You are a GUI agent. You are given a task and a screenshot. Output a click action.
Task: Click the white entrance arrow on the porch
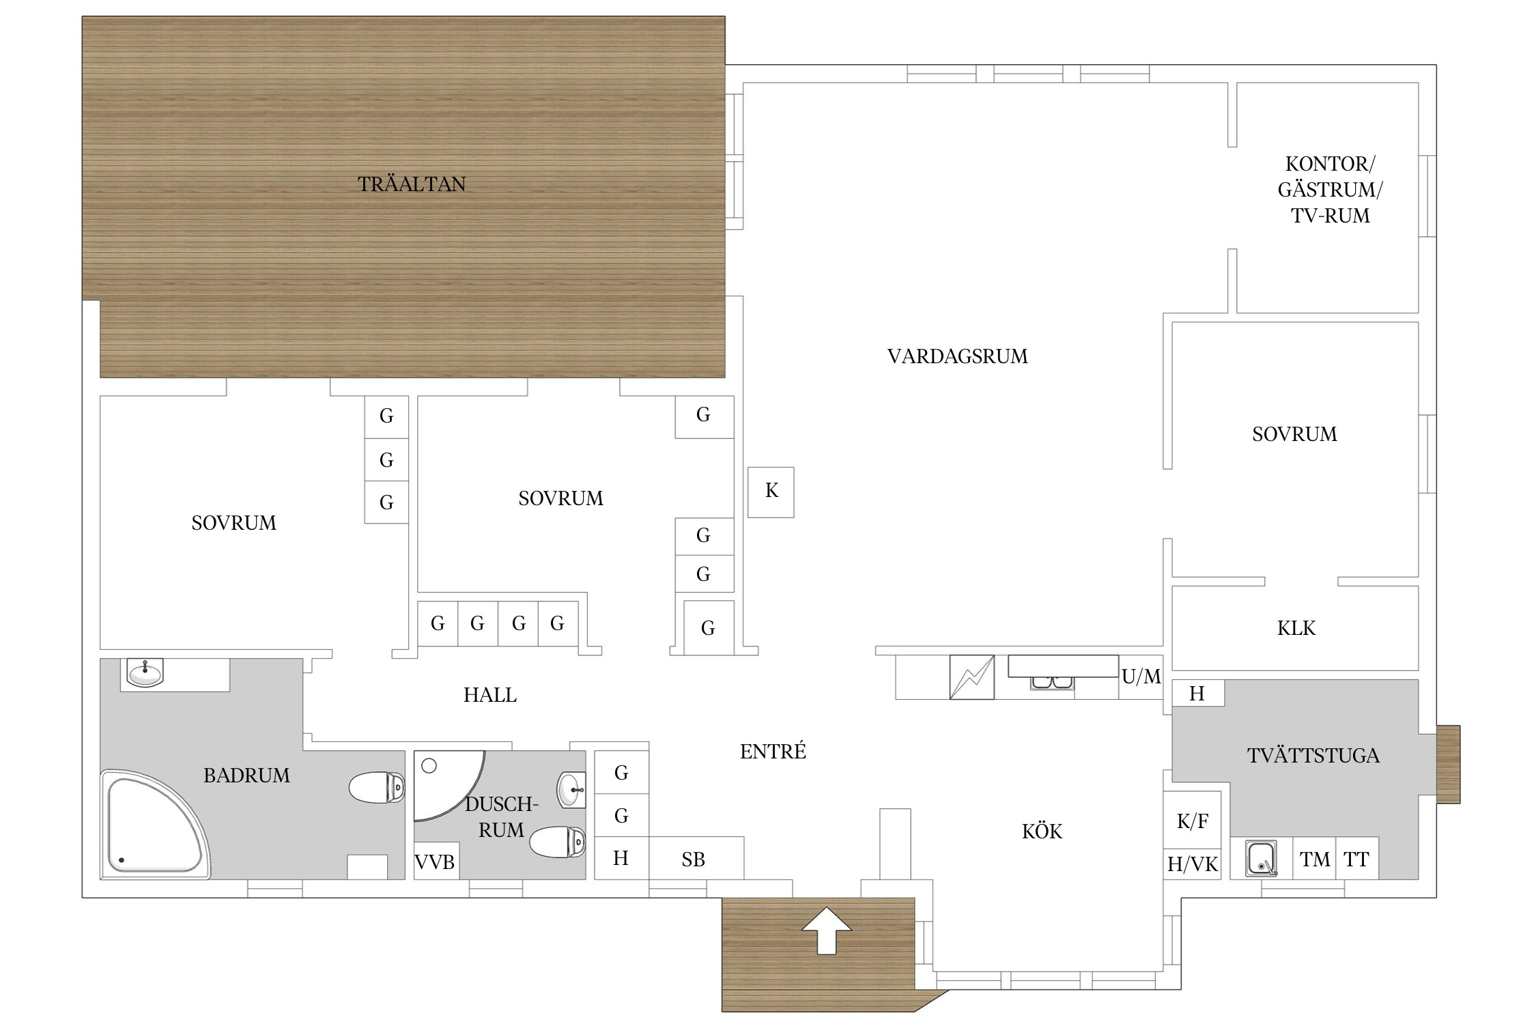click(826, 930)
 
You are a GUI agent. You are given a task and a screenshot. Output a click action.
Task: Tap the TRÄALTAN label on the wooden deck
click(412, 184)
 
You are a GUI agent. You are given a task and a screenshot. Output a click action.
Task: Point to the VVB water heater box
click(436, 862)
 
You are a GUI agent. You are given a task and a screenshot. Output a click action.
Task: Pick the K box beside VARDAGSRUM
click(771, 492)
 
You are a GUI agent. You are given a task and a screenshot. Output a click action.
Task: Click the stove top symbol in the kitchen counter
click(971, 677)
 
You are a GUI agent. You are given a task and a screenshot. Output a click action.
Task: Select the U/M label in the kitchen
click(1141, 677)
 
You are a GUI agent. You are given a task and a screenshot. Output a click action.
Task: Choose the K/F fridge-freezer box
click(1193, 820)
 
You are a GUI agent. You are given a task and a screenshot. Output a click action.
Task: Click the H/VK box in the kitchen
click(1193, 864)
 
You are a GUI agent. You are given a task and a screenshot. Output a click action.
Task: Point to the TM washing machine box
click(1314, 858)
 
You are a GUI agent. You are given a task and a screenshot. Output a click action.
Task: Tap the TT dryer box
click(1357, 858)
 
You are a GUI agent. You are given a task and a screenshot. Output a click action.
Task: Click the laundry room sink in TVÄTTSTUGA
click(1262, 858)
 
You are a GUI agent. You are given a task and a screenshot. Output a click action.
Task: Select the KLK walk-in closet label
click(1296, 628)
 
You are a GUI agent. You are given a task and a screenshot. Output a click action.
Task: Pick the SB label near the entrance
click(693, 859)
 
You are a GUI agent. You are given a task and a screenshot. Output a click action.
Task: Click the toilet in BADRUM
click(376, 787)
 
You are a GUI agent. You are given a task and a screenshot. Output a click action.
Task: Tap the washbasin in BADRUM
click(145, 673)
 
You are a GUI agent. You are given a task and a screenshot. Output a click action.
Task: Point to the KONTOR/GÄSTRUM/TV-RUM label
click(1330, 190)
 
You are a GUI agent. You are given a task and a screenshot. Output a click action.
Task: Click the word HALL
click(490, 695)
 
